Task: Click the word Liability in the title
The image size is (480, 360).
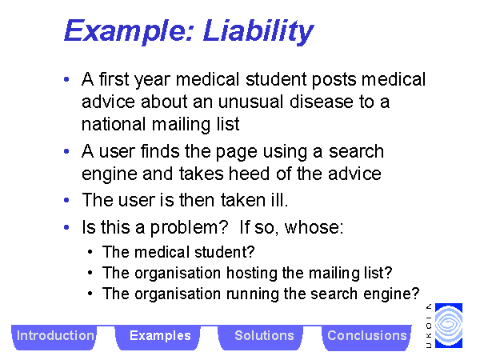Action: click(x=258, y=31)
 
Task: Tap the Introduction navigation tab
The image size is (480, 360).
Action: click(x=55, y=336)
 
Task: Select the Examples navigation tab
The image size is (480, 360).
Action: click(x=160, y=336)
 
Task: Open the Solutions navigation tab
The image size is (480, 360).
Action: click(x=264, y=336)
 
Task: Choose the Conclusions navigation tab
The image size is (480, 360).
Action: click(x=366, y=336)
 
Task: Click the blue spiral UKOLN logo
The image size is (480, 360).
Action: click(x=449, y=326)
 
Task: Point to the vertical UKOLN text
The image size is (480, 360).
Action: click(x=429, y=326)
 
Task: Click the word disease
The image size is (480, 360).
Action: click(x=322, y=102)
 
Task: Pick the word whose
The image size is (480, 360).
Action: click(x=314, y=227)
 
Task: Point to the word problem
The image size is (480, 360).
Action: click(x=189, y=228)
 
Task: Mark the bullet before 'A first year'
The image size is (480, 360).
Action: click(x=66, y=79)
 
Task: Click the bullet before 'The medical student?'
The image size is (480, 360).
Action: click(x=90, y=252)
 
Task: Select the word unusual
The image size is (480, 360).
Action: click(x=250, y=102)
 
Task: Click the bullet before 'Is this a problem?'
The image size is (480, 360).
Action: click(x=66, y=227)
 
